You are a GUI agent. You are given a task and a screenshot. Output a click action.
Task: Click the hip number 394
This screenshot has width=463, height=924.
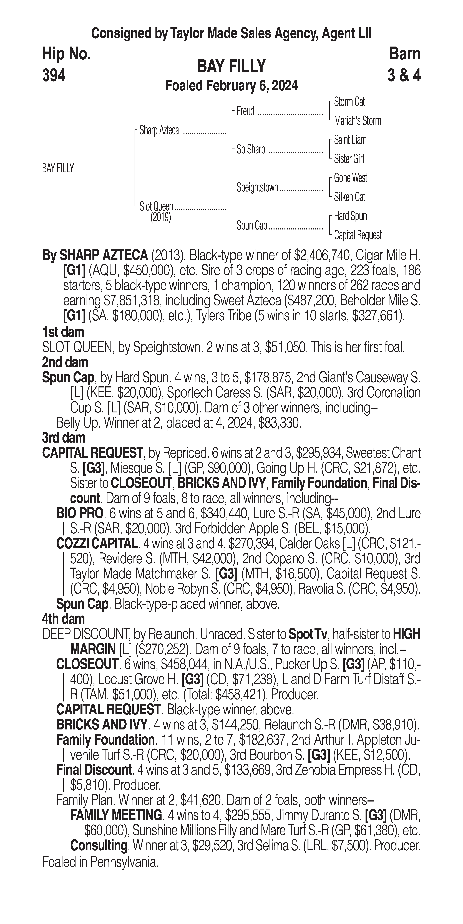point(54,75)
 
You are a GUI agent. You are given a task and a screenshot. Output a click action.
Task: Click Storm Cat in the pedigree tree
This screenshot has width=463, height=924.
point(349,102)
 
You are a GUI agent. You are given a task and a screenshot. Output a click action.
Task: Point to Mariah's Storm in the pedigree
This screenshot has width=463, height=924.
point(357,121)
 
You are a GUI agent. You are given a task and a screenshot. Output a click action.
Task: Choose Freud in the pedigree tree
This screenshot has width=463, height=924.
point(245,112)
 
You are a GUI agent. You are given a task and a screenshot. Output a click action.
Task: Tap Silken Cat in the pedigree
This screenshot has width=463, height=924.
point(350,197)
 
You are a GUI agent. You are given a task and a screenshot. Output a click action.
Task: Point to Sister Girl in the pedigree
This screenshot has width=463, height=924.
point(349,159)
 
